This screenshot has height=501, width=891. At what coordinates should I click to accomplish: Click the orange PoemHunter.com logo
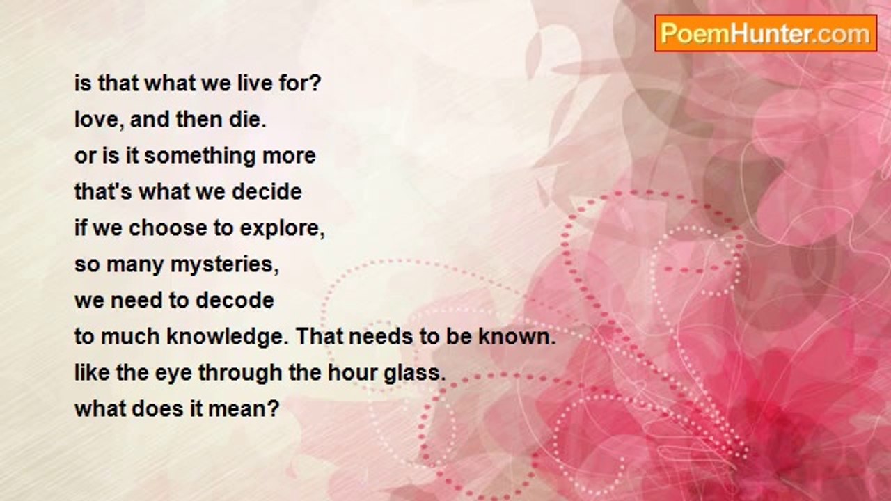[766, 33]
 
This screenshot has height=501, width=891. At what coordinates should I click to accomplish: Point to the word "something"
[200, 157]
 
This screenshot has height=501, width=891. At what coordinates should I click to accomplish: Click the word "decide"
[267, 191]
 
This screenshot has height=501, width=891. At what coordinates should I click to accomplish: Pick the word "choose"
[168, 228]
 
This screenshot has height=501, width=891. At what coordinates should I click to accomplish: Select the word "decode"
[235, 300]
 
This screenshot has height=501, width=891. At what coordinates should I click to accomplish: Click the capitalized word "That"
[319, 336]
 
